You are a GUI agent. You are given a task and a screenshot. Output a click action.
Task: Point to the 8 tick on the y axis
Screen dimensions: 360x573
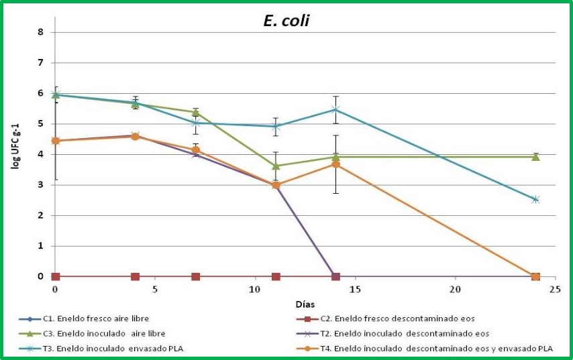click(x=41, y=32)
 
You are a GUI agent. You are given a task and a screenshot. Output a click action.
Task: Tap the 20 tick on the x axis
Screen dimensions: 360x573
click(x=455, y=289)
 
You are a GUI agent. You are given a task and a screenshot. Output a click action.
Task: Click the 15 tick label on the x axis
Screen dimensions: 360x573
click(x=356, y=289)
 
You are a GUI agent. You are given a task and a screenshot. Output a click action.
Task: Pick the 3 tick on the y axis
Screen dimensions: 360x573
click(x=41, y=185)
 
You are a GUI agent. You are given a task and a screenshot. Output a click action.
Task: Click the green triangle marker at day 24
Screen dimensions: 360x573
click(x=535, y=156)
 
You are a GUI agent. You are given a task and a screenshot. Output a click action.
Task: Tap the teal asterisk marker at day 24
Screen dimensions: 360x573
click(x=535, y=199)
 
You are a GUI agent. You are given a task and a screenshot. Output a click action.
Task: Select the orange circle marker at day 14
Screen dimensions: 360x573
click(x=335, y=164)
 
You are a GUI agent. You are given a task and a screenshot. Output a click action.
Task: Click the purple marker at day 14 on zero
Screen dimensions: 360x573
click(x=335, y=276)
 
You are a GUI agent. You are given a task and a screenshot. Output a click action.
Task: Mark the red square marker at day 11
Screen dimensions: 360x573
click(x=276, y=276)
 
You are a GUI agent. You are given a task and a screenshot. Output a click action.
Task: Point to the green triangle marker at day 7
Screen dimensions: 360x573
click(x=195, y=112)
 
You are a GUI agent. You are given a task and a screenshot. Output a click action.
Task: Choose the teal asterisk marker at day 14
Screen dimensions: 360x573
click(x=335, y=109)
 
